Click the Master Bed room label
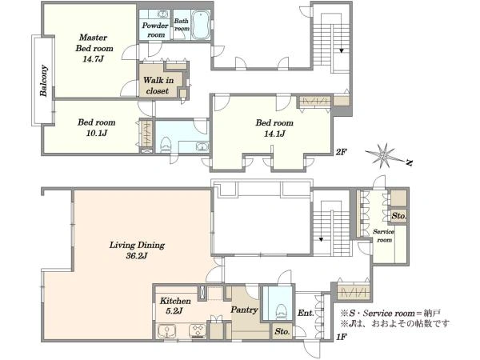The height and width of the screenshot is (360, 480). (x=94, y=43)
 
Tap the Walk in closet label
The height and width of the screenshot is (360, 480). (x=158, y=86)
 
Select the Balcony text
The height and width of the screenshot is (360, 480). (x=44, y=81)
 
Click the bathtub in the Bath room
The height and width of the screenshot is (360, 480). (x=201, y=25)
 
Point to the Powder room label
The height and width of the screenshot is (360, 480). (x=155, y=30)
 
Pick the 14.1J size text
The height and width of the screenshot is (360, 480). (x=274, y=134)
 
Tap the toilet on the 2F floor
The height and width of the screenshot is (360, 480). (x=166, y=145)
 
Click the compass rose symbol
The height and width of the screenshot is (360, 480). (x=383, y=156)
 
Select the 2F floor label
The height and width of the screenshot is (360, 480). (x=341, y=152)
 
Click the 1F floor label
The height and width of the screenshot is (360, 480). (x=341, y=337)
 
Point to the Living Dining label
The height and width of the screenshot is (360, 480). (x=137, y=246)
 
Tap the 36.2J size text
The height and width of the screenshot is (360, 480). (x=137, y=256)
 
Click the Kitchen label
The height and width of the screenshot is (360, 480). (x=175, y=301)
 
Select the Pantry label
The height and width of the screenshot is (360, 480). (x=244, y=310)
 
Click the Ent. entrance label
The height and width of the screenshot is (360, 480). (x=306, y=313)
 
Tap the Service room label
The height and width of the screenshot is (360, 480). (x=384, y=236)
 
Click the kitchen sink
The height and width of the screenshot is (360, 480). (x=167, y=331)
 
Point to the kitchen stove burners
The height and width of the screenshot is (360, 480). (x=198, y=331)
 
